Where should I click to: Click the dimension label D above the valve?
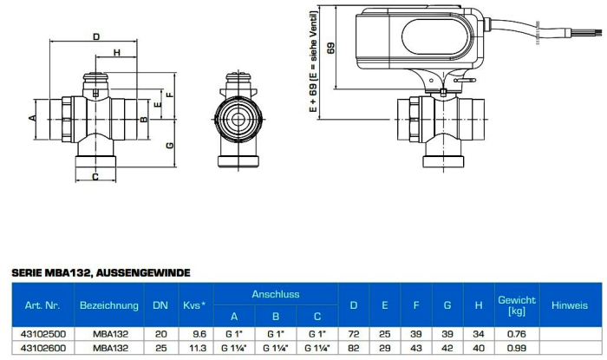click(x=96, y=36)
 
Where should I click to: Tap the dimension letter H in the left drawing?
click(x=116, y=52)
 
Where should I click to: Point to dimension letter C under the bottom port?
click(x=95, y=177)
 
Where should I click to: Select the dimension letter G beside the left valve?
click(x=170, y=145)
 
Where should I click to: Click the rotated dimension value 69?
click(x=331, y=49)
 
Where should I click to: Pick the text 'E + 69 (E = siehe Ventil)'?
click(x=313, y=62)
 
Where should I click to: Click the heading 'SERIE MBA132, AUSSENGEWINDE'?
click(x=101, y=273)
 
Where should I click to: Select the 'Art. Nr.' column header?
click(x=42, y=305)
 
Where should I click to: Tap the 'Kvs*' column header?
click(x=194, y=305)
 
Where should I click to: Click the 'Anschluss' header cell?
click(x=276, y=294)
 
